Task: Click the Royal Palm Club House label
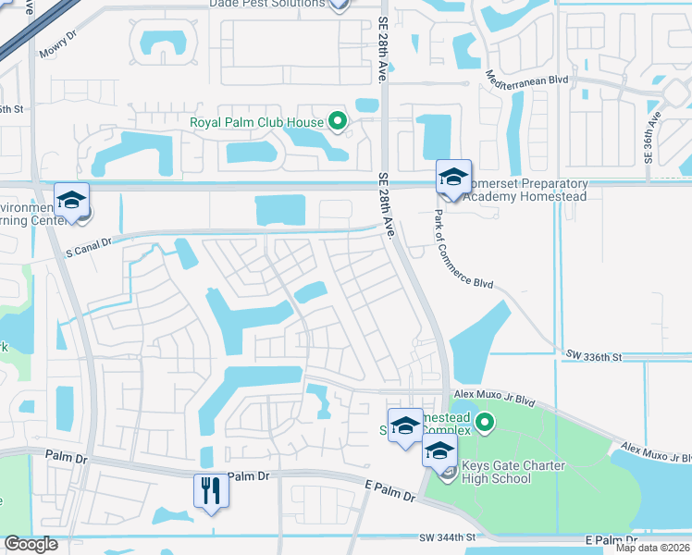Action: [x=256, y=122]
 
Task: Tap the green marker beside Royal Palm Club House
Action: [x=338, y=121]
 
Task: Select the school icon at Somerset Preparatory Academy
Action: [x=453, y=178]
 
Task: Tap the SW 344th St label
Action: [x=446, y=537]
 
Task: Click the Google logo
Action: [x=31, y=544]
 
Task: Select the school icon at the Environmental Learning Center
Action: [x=71, y=200]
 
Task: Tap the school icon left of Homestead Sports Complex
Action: [x=405, y=425]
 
